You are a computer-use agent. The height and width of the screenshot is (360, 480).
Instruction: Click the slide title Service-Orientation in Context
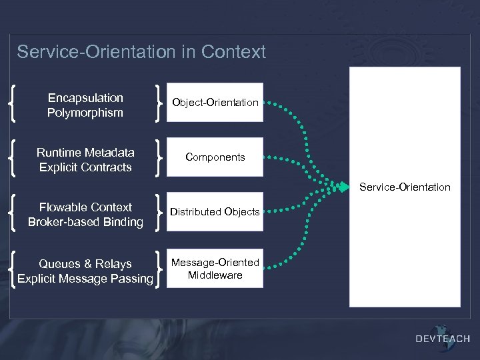point(141,52)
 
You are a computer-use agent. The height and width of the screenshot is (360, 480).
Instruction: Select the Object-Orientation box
point(215,102)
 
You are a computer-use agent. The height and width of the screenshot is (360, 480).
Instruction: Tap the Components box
point(215,157)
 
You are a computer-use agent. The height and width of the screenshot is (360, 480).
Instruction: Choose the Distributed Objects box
point(215,212)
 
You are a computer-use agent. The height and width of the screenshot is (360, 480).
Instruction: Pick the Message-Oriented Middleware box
point(215,269)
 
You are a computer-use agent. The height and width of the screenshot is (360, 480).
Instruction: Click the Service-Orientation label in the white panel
point(405,187)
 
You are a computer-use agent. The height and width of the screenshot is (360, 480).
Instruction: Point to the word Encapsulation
point(85,98)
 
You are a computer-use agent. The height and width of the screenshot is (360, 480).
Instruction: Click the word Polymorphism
point(85,113)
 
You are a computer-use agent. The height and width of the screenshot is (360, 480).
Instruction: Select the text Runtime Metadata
point(85,153)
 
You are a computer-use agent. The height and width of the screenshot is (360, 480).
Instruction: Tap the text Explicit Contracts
point(85,167)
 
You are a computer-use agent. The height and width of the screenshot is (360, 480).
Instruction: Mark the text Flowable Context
point(85,207)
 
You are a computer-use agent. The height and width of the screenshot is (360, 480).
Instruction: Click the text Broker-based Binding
point(85,222)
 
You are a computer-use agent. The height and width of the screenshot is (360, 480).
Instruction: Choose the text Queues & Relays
point(85,264)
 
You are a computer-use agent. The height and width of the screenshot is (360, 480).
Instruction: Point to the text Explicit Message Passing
point(85,279)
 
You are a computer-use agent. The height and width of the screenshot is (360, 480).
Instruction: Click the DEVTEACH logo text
point(443,339)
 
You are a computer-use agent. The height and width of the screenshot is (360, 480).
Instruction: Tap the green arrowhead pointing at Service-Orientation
point(345,187)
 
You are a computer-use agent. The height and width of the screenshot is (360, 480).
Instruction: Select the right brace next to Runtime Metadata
point(157,157)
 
